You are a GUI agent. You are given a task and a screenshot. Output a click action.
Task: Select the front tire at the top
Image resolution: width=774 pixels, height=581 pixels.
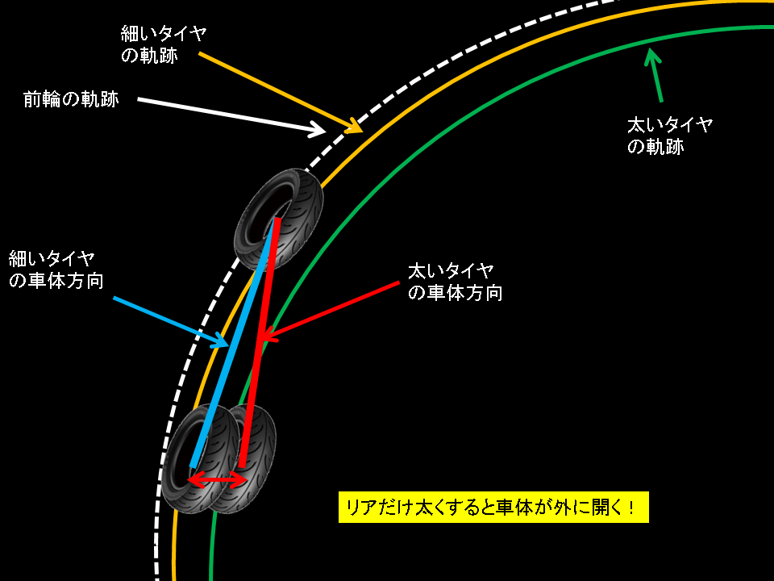(x=278, y=219)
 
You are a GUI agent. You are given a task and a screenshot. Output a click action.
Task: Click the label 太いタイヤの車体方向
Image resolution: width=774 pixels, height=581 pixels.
(x=456, y=281)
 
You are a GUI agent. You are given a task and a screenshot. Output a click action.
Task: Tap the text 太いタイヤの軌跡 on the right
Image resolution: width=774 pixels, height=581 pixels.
(x=669, y=136)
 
